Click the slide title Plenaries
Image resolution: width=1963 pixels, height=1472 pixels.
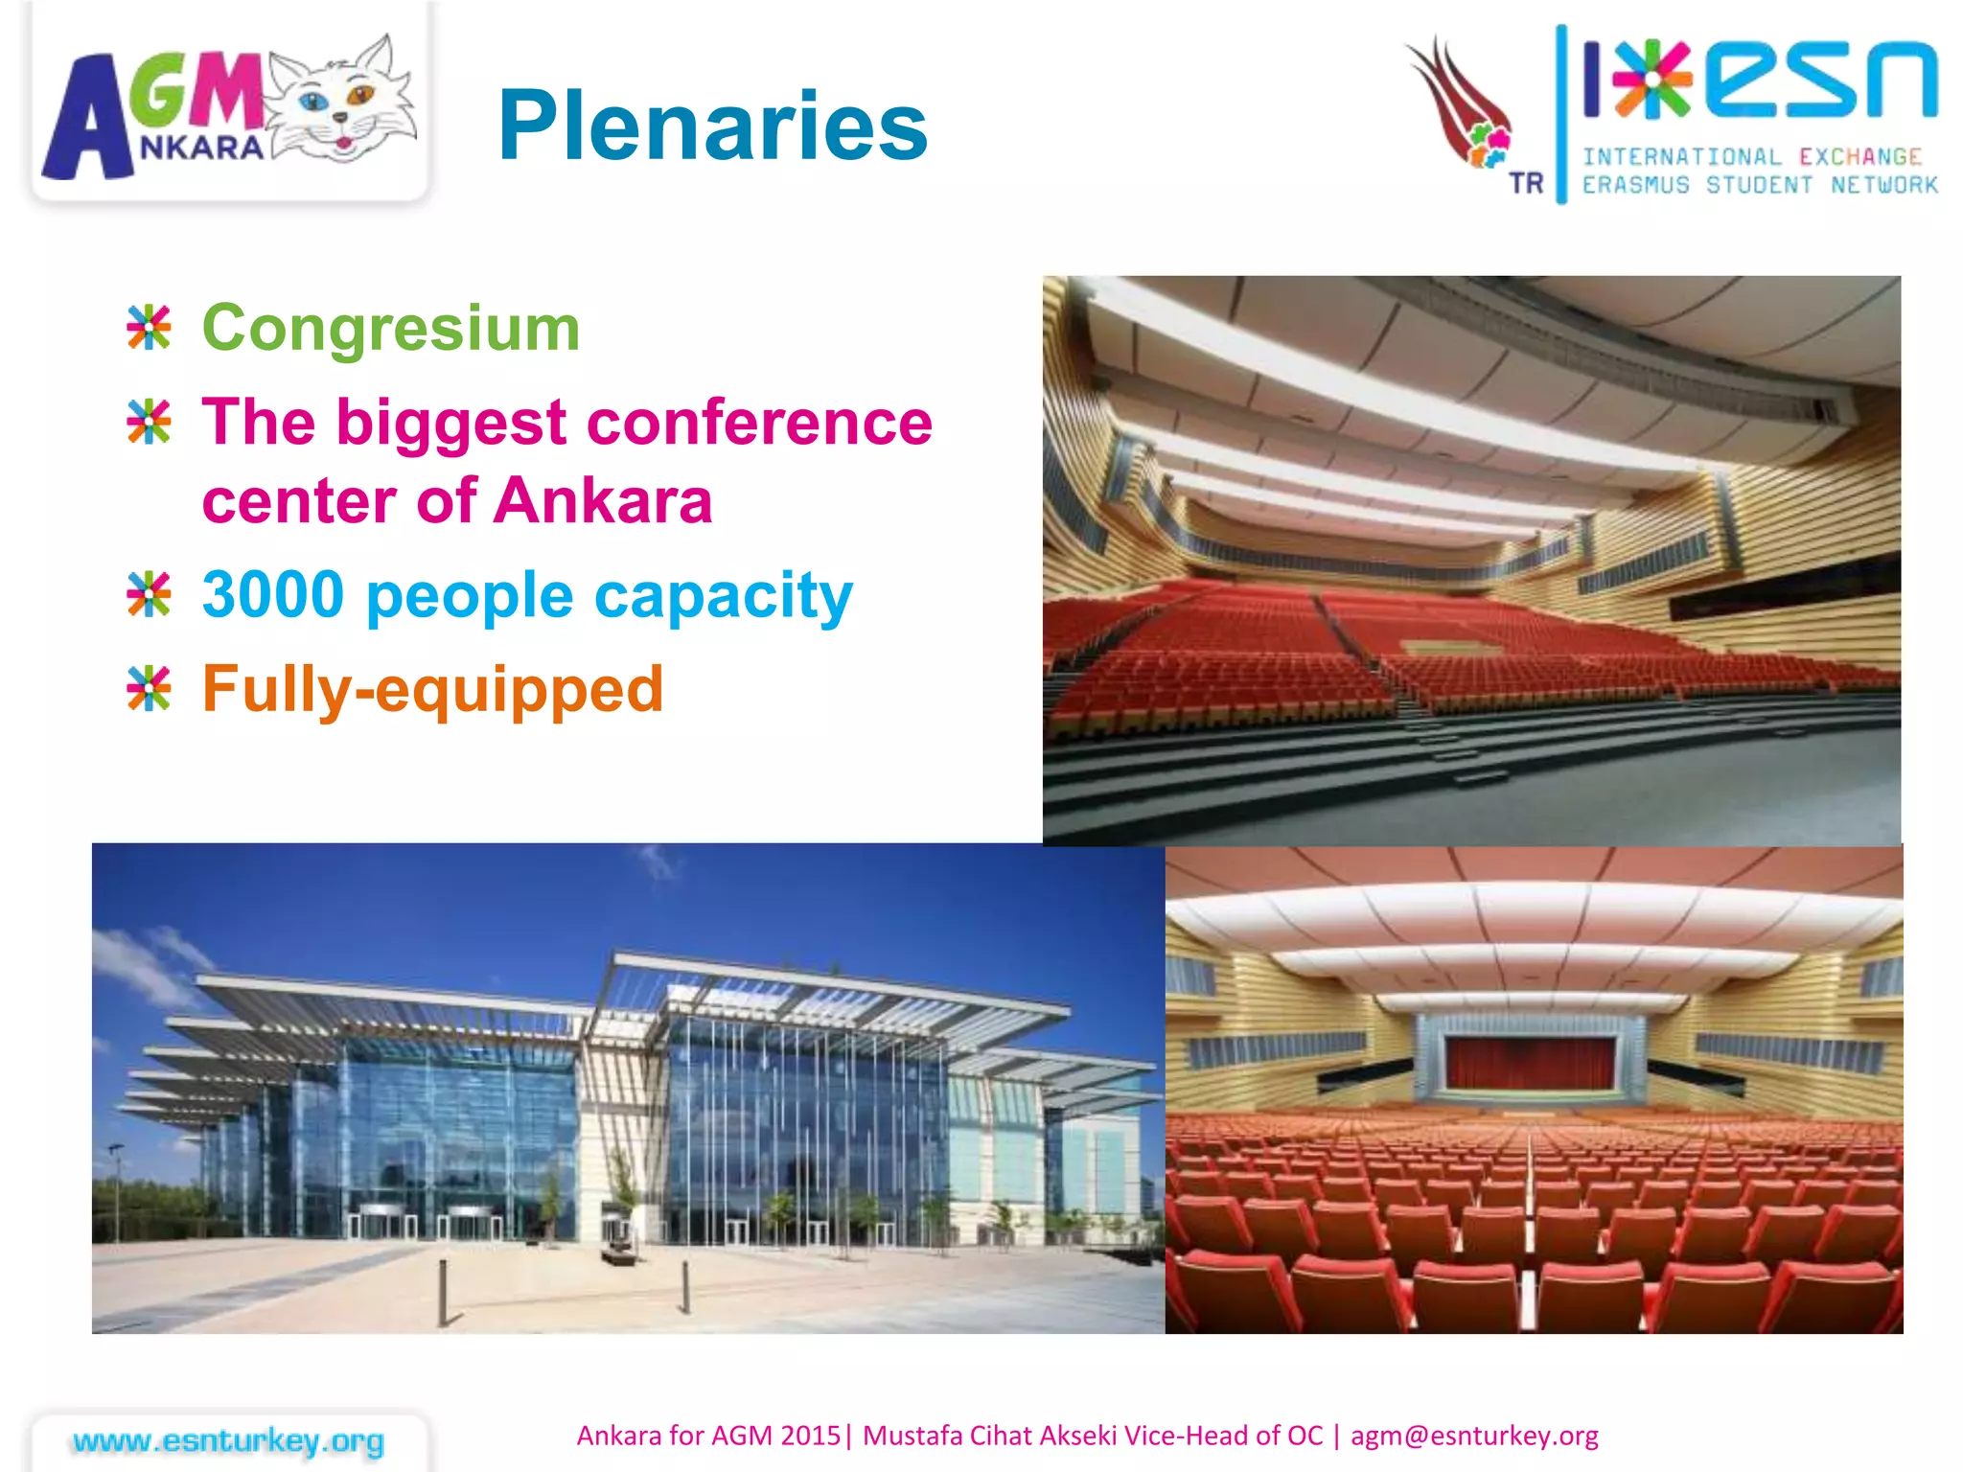point(712,126)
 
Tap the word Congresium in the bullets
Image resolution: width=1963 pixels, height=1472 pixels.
point(391,329)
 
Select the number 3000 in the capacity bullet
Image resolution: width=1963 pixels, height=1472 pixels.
point(273,595)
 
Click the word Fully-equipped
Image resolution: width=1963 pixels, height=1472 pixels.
point(432,690)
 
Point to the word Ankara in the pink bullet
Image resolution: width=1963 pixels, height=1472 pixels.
point(603,501)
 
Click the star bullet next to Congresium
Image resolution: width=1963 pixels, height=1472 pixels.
point(149,328)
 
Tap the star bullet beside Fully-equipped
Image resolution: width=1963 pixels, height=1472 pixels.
point(149,689)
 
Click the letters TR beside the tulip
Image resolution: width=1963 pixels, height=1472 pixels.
point(1526,183)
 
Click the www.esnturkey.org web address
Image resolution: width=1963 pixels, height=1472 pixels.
point(228,1440)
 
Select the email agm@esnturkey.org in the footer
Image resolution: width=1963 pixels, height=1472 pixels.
point(1474,1436)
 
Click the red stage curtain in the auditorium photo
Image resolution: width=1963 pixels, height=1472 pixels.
point(1531,1063)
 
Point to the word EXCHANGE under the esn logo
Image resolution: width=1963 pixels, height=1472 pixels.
point(1859,157)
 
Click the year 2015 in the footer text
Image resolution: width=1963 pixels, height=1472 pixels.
point(810,1436)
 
